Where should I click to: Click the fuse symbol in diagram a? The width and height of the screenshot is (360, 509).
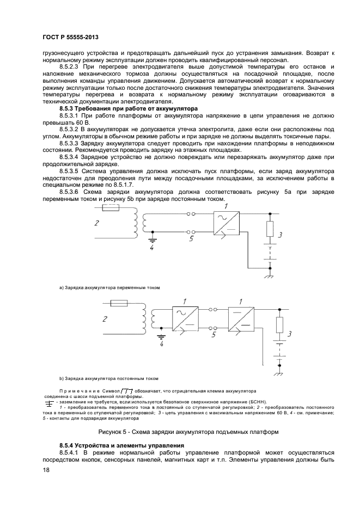click(112, 209)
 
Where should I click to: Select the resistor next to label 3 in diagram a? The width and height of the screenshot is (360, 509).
click(269, 229)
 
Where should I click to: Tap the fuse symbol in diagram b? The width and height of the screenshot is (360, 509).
click(119, 303)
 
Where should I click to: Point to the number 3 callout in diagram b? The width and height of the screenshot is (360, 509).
click(290, 334)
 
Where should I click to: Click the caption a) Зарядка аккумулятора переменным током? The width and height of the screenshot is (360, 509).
click(109, 287)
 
